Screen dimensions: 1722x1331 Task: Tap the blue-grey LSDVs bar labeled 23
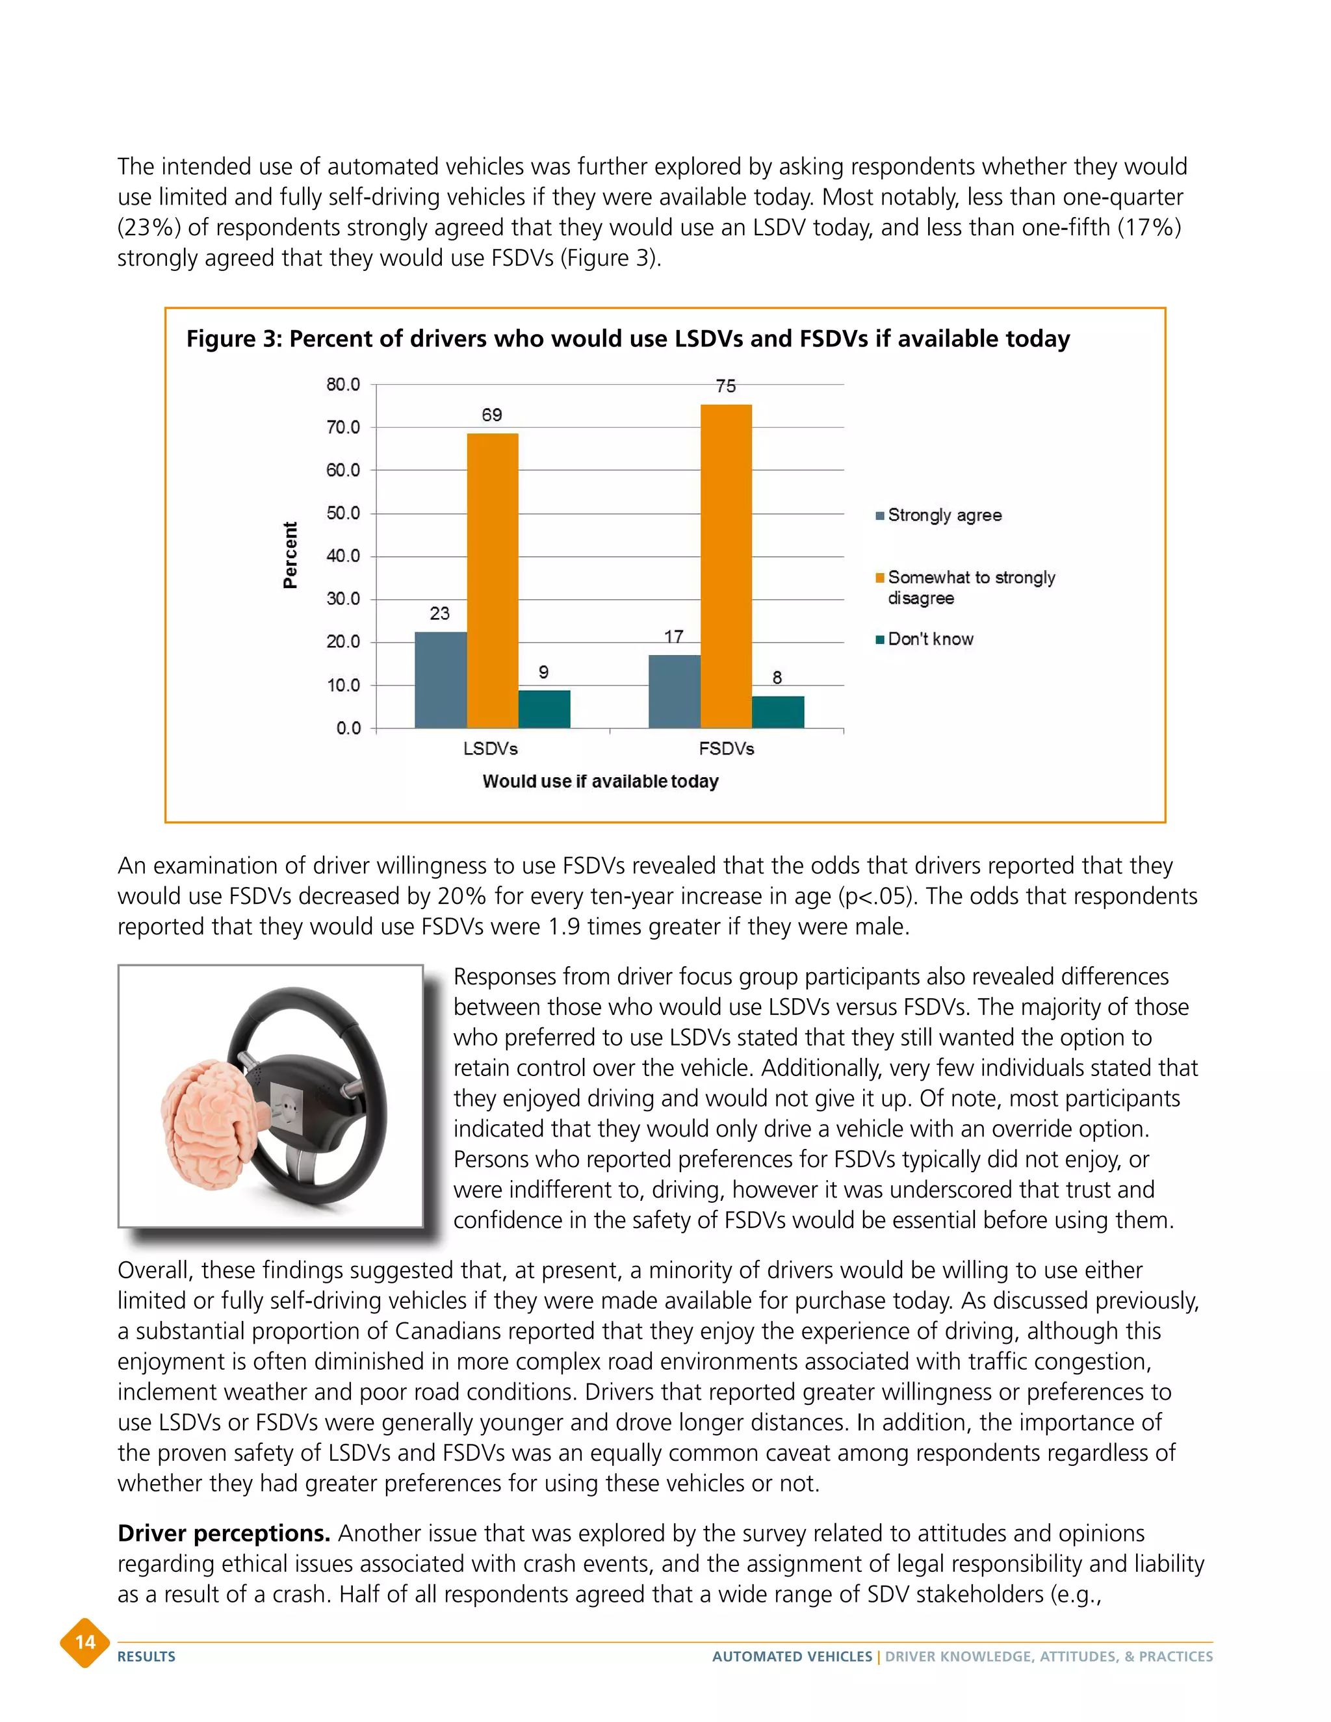click(x=440, y=680)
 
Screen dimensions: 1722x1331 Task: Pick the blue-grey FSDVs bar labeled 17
click(x=674, y=691)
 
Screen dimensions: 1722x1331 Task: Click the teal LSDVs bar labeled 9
click(x=544, y=709)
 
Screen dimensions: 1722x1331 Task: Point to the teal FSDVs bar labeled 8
click(x=777, y=712)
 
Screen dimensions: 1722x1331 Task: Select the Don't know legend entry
click(x=929, y=639)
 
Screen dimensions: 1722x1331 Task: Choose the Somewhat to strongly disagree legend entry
click(x=970, y=587)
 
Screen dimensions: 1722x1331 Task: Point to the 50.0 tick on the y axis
click(x=343, y=513)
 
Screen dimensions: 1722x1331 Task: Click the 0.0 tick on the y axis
click(x=348, y=728)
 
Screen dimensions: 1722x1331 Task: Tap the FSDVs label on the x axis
click(x=726, y=748)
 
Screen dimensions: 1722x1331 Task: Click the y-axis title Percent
click(x=290, y=555)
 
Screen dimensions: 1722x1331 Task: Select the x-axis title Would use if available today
click(x=600, y=781)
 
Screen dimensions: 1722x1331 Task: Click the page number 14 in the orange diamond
click(x=85, y=1642)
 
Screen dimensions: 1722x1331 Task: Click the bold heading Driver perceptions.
click(x=223, y=1534)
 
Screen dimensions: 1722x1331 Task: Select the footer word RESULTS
click(x=147, y=1656)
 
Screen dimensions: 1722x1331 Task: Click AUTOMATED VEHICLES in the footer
click(x=792, y=1656)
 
